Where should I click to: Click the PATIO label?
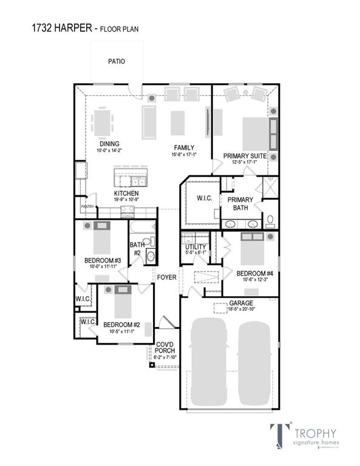(x=117, y=61)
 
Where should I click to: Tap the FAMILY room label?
(x=184, y=147)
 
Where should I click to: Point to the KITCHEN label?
(x=126, y=194)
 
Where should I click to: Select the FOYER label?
(x=166, y=277)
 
